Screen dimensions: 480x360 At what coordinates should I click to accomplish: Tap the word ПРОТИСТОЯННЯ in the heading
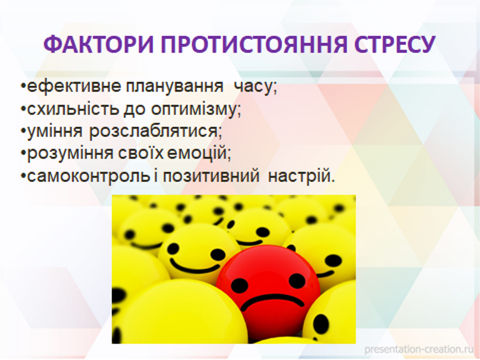click(x=254, y=44)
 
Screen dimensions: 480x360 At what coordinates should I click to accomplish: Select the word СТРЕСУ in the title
click(x=395, y=44)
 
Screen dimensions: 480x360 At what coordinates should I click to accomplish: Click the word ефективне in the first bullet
click(x=74, y=87)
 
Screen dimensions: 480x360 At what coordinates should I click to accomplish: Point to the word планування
click(x=174, y=87)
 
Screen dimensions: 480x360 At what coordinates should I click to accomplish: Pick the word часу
click(x=255, y=87)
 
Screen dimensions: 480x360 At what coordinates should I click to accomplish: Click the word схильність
click(x=73, y=109)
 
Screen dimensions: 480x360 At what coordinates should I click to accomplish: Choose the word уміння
click(x=55, y=132)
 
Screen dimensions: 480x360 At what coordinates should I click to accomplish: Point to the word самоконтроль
click(x=89, y=176)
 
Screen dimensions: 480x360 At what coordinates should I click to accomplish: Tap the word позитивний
click(x=211, y=176)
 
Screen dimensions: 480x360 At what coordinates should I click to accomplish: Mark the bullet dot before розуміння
click(x=23, y=152)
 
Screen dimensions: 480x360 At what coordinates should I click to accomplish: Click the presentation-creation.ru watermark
click(x=419, y=349)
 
